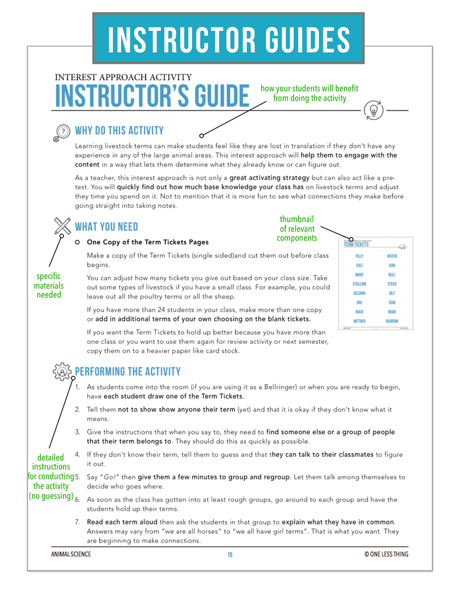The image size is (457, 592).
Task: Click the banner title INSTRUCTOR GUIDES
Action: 228,39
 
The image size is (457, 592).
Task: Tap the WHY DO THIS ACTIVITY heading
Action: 119,131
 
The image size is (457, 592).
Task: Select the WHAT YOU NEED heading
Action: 107,227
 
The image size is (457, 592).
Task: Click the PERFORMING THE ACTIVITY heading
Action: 128,372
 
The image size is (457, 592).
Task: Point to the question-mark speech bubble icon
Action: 61,132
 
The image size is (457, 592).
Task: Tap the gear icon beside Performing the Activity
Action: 61,372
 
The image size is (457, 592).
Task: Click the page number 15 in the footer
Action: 230,554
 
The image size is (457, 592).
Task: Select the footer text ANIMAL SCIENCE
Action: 70,554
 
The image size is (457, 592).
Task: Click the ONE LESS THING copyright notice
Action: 386,554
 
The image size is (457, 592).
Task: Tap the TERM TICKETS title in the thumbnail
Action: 356,244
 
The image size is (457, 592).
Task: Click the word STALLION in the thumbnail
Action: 359,284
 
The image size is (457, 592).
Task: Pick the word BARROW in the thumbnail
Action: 391,321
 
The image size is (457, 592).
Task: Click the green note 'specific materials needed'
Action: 49,285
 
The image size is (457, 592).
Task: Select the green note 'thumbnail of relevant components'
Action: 296,228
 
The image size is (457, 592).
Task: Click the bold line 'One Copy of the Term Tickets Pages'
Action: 147,242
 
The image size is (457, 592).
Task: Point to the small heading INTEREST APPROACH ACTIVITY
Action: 123,77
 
